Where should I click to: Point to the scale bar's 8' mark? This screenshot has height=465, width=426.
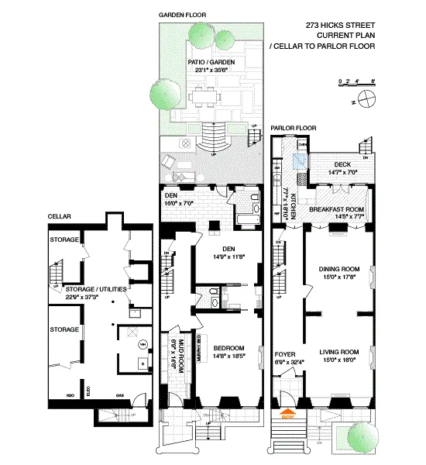click(373, 80)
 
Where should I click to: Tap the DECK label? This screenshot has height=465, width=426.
click(342, 164)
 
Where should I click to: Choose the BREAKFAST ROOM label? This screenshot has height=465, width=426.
click(336, 209)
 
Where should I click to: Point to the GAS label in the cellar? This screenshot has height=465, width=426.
click(120, 394)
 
